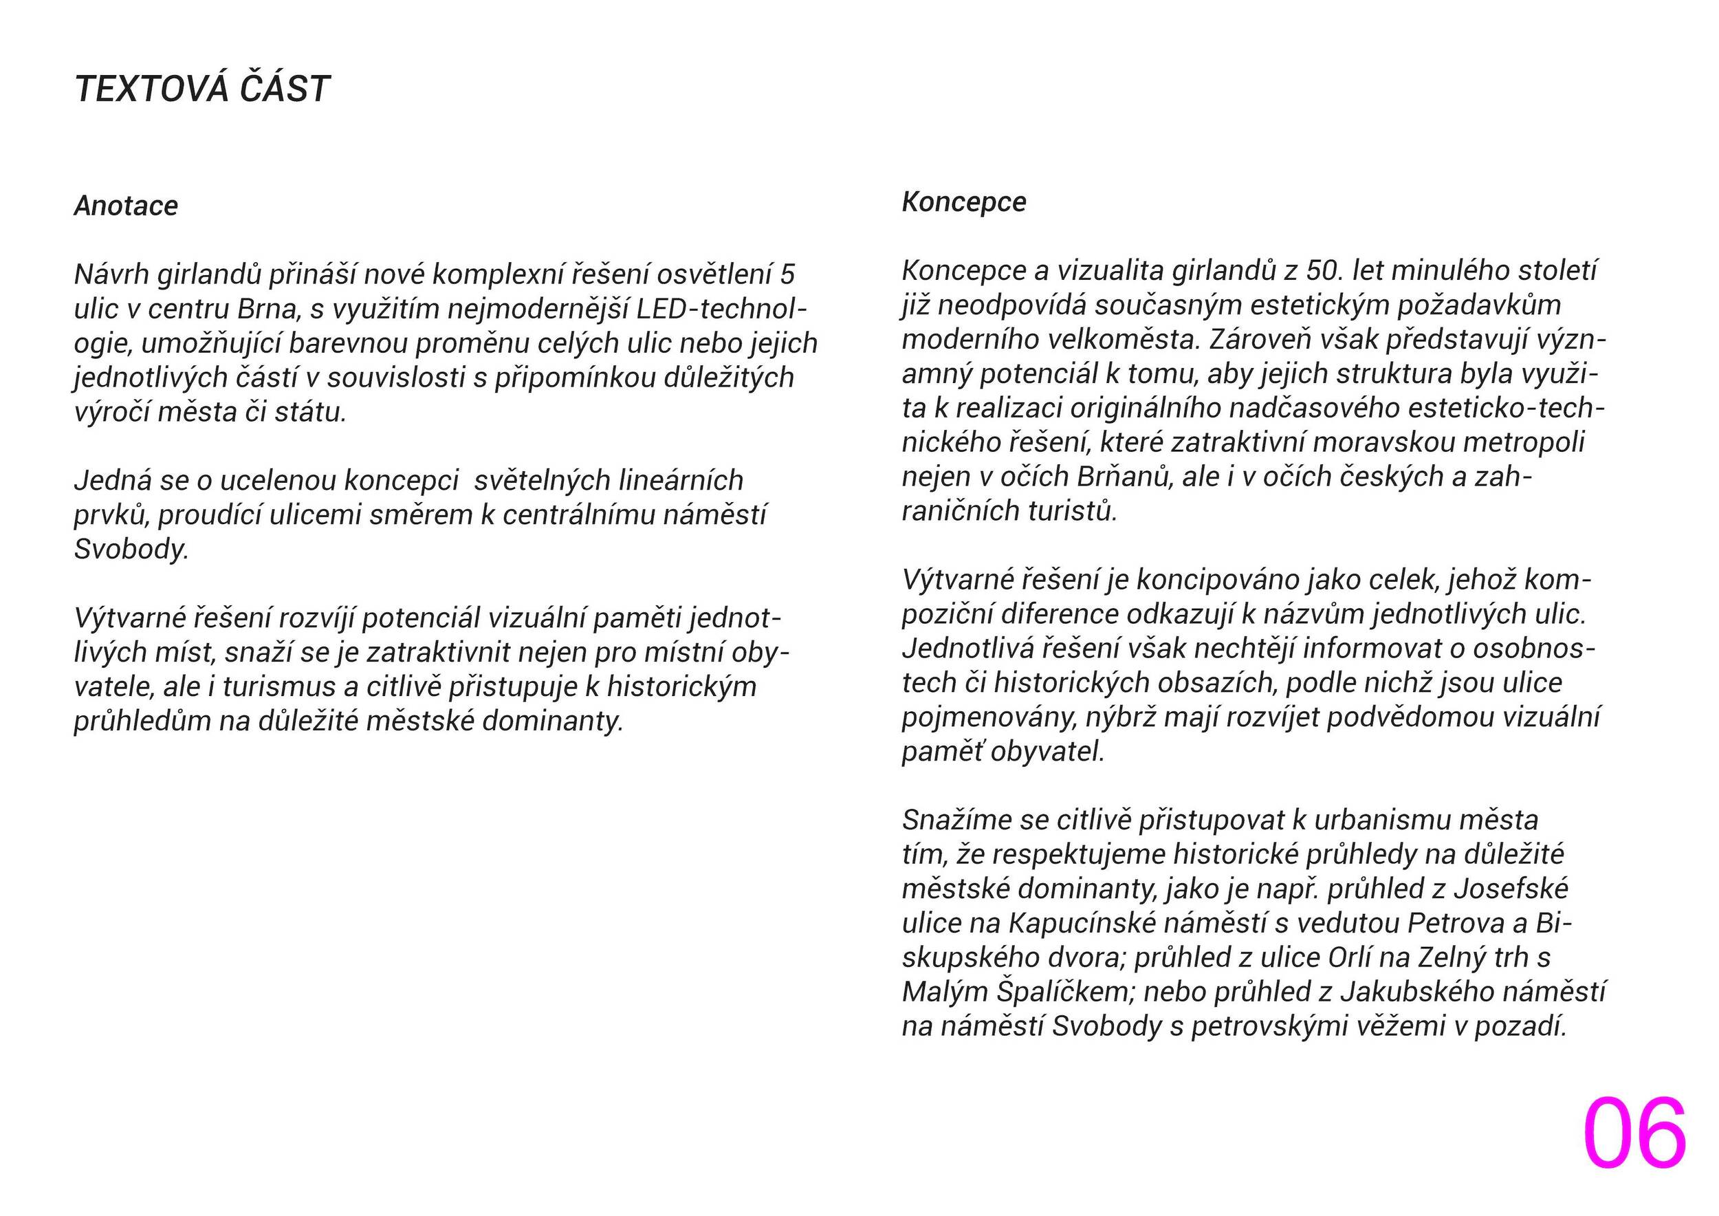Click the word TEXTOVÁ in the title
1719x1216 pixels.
(x=151, y=89)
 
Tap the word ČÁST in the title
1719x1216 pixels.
(x=285, y=89)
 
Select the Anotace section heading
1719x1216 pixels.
(x=126, y=206)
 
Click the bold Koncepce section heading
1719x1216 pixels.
(x=963, y=202)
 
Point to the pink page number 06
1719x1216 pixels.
(x=1634, y=1133)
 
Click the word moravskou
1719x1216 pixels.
(x=1382, y=442)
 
